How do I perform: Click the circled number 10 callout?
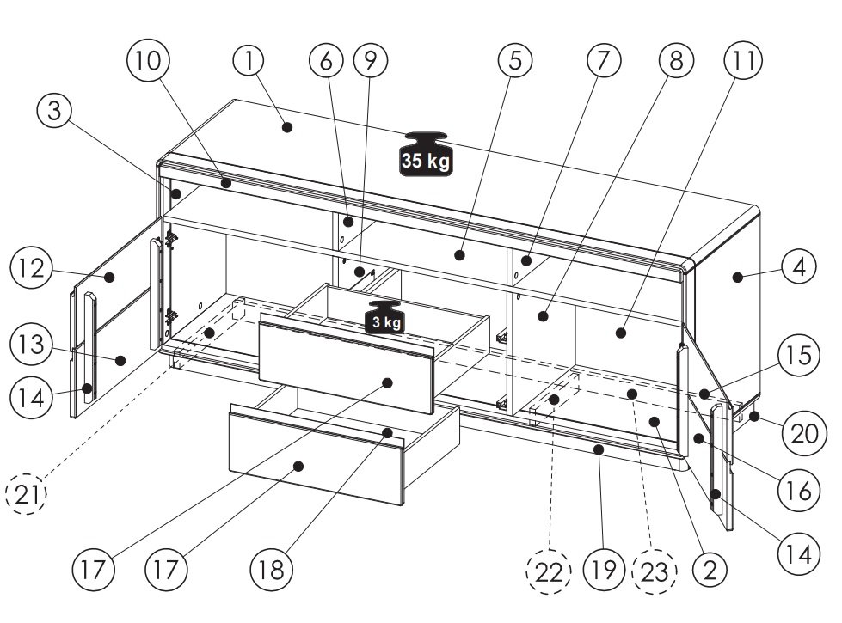click(x=148, y=61)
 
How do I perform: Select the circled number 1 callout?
click(x=249, y=61)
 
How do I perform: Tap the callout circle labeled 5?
click(x=515, y=60)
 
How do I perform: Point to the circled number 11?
click(x=743, y=61)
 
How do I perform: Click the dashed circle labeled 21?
click(x=27, y=494)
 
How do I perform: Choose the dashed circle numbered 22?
click(x=549, y=572)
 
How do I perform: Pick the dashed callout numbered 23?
click(x=655, y=572)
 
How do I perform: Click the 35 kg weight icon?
click(x=426, y=154)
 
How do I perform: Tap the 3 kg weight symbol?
click(x=385, y=317)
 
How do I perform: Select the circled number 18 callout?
click(x=271, y=570)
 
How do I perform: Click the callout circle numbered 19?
click(x=604, y=570)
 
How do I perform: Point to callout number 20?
click(x=803, y=434)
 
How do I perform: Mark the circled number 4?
click(x=799, y=266)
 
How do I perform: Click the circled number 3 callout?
click(x=55, y=111)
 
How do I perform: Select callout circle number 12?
click(x=32, y=268)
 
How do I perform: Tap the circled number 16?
click(x=799, y=491)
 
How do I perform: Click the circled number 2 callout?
click(x=710, y=570)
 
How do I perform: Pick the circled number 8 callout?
click(x=676, y=60)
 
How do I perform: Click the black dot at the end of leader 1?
click(x=287, y=127)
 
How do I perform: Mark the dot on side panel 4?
click(x=738, y=277)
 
